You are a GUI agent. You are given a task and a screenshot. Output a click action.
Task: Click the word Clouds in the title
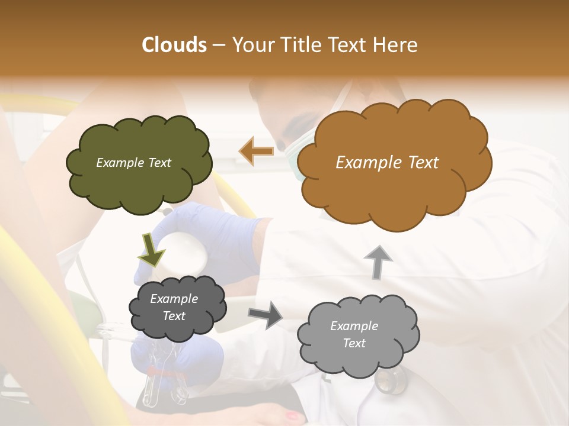click(174, 45)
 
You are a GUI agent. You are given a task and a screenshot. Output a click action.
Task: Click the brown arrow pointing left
click(256, 151)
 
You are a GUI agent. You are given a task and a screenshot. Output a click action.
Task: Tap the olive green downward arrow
click(151, 249)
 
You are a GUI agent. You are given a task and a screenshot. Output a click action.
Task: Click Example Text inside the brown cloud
click(387, 163)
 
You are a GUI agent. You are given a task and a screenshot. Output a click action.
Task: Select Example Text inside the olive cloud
click(133, 163)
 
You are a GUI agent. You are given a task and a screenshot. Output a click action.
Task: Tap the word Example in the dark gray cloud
click(174, 299)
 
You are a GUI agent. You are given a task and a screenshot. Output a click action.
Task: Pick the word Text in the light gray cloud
click(354, 343)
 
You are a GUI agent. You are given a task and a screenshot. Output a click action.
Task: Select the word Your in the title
click(251, 45)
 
